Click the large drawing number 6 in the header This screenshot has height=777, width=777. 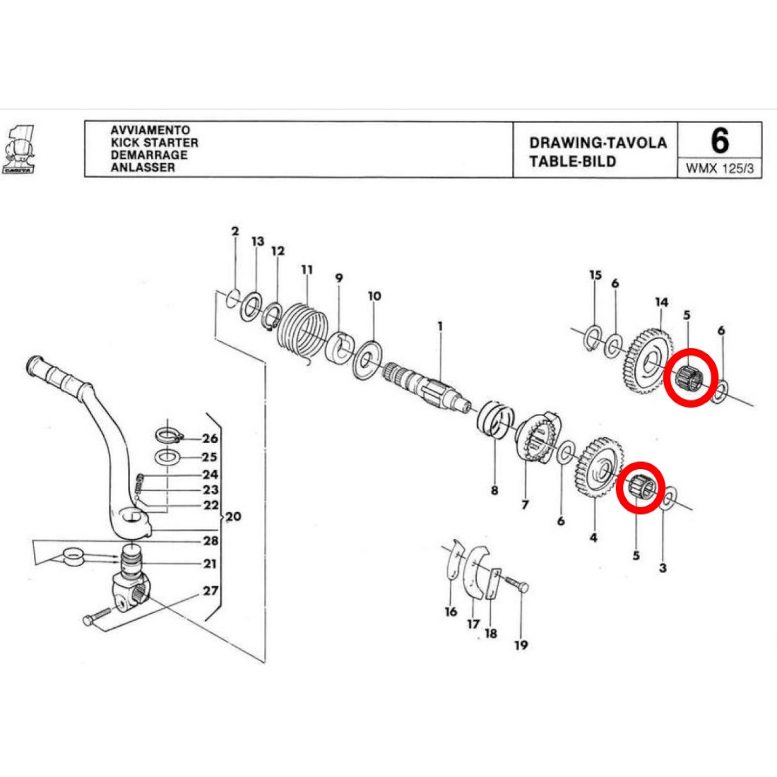coord(719,141)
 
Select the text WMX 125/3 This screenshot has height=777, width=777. coord(719,170)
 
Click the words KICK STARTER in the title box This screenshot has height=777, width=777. coord(154,143)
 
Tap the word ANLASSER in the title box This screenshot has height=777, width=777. coord(142,167)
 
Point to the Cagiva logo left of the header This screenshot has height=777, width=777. coord(20,150)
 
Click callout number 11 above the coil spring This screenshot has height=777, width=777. coord(307,270)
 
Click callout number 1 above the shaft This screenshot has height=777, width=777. coord(440,326)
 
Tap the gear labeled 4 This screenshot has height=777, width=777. coord(598,469)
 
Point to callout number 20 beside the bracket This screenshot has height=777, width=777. coord(233,517)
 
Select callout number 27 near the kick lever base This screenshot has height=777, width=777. coord(210,591)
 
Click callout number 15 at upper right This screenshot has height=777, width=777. coord(595,275)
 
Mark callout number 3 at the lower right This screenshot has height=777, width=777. coord(662,568)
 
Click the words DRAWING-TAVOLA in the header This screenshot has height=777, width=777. coord(598,143)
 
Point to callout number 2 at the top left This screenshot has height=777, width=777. coord(235,231)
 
